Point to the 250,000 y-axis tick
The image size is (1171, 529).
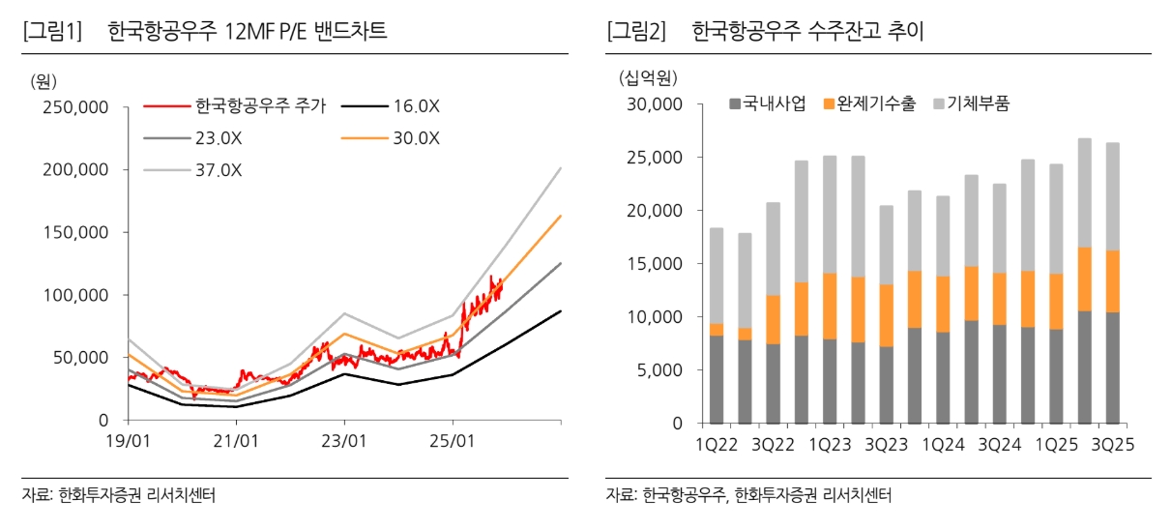pos(73,107)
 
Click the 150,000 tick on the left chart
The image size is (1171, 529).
pos(73,232)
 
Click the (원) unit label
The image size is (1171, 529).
pos(44,80)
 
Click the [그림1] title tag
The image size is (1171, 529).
pos(53,32)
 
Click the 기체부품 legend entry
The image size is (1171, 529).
pos(977,103)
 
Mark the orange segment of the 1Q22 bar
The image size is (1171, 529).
pos(717,330)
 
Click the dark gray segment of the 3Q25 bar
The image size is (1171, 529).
pos(1113,367)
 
